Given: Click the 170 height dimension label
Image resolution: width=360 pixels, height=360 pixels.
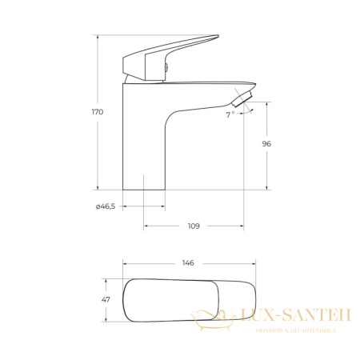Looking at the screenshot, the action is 98,112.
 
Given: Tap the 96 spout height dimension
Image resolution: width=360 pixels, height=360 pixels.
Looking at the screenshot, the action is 266,144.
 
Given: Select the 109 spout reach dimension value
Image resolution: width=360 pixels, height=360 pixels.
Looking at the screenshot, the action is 194,226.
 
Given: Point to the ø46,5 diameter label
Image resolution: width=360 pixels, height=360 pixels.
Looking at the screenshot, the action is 106,206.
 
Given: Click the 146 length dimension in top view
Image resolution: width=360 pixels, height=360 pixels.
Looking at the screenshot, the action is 188,263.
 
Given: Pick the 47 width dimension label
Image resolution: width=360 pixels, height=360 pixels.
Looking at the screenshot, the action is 106,300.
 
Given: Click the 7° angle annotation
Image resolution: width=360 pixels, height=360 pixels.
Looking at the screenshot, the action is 230,114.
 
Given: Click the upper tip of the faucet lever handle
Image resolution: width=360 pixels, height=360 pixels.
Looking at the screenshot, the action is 218,36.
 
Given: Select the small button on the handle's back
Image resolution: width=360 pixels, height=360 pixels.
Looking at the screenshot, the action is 166,68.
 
